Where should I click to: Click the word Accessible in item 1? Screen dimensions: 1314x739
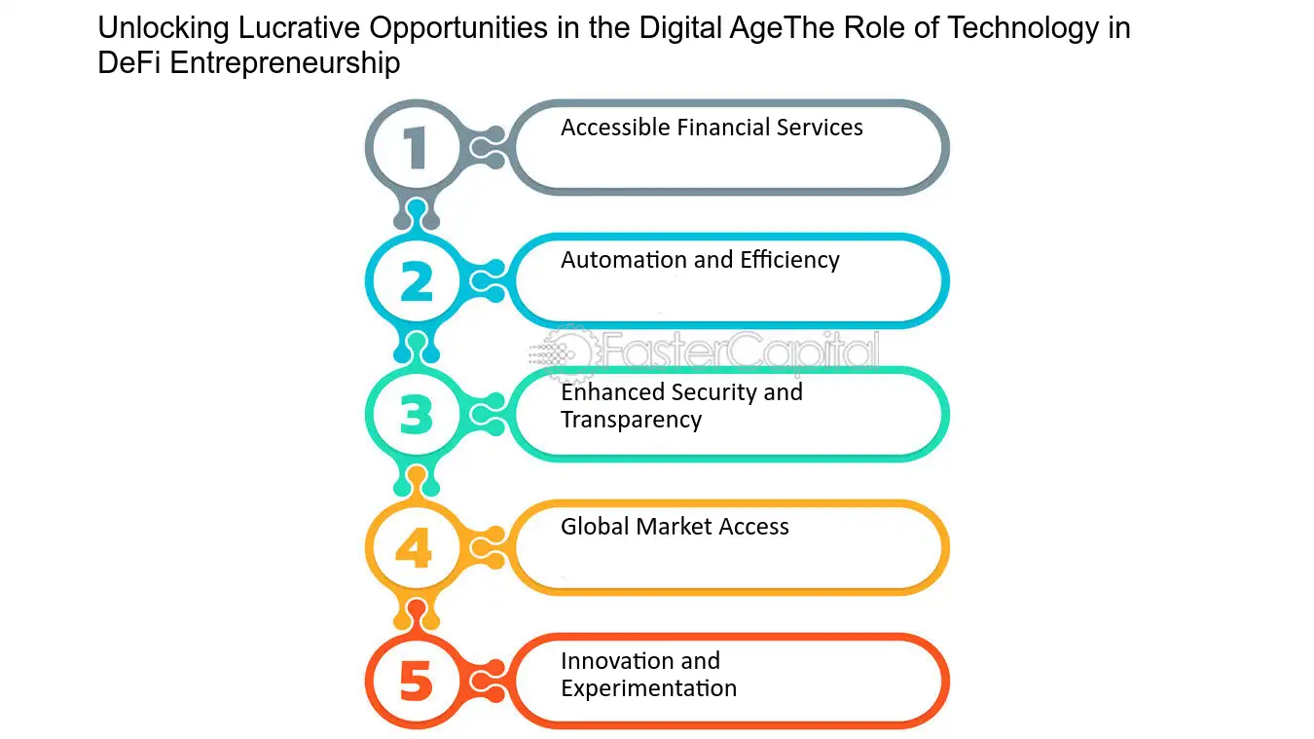[x=615, y=128]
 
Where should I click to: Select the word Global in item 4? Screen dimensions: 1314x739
[x=595, y=527]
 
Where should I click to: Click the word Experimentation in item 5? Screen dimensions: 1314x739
[x=649, y=688]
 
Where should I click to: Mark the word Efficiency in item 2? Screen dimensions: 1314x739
[x=789, y=260]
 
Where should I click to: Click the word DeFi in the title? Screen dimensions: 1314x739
[x=129, y=63]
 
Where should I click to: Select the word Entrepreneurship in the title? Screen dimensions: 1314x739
[x=285, y=64]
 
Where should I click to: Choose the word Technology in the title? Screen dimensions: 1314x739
[x=1023, y=28]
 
